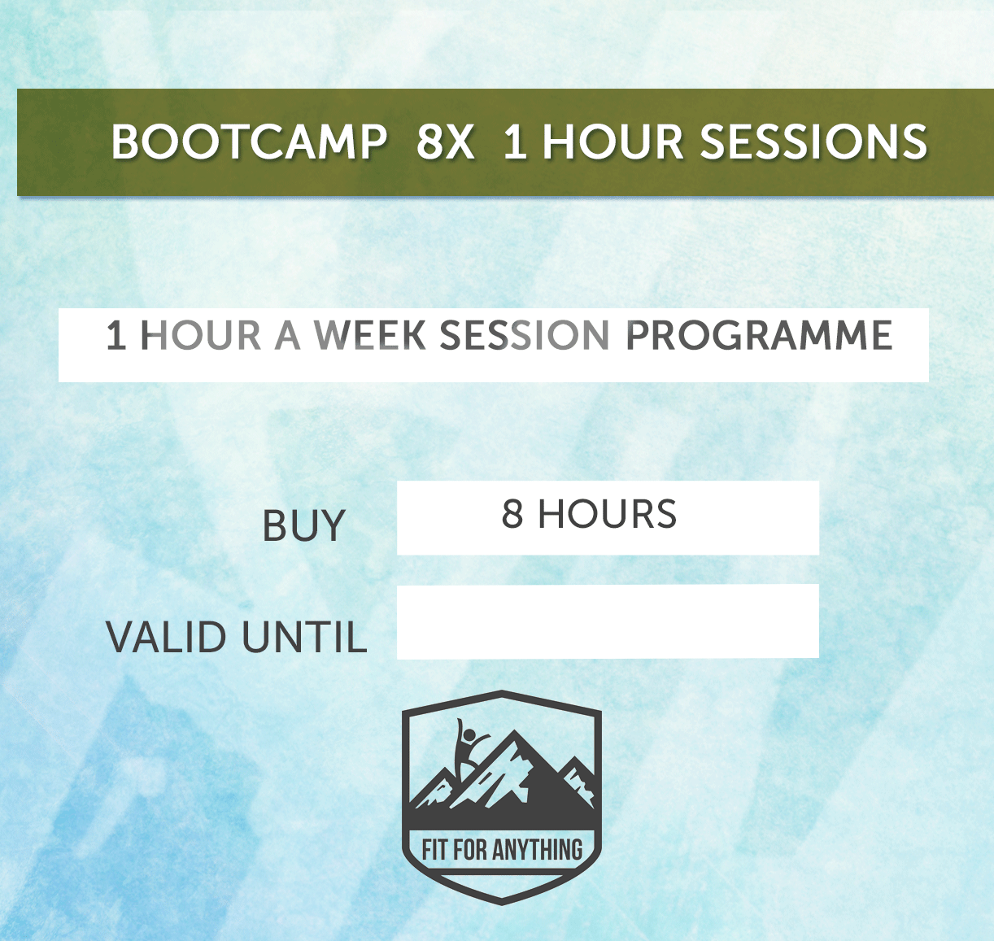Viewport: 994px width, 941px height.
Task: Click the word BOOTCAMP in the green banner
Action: [249, 142]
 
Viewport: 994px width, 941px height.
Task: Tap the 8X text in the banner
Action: [445, 142]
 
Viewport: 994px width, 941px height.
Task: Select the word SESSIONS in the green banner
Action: [813, 142]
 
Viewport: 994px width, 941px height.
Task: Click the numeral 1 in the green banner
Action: [514, 142]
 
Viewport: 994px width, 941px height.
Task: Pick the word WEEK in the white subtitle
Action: [370, 336]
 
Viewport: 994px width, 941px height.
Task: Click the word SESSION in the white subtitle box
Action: [525, 336]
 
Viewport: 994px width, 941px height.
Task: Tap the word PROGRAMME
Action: [759, 336]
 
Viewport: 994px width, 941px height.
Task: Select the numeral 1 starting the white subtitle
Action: [116, 336]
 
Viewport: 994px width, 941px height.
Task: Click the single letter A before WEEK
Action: [287, 336]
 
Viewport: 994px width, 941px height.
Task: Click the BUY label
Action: [303, 526]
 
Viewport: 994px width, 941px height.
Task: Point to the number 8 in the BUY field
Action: [512, 514]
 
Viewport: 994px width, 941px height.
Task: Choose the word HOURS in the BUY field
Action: [607, 514]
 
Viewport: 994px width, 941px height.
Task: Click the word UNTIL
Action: [304, 637]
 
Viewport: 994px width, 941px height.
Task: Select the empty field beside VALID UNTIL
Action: [608, 621]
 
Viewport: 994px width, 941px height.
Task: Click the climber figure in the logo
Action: [466, 744]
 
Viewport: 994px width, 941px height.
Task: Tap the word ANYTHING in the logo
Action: [538, 851]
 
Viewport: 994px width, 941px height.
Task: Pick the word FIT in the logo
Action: [435, 851]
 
